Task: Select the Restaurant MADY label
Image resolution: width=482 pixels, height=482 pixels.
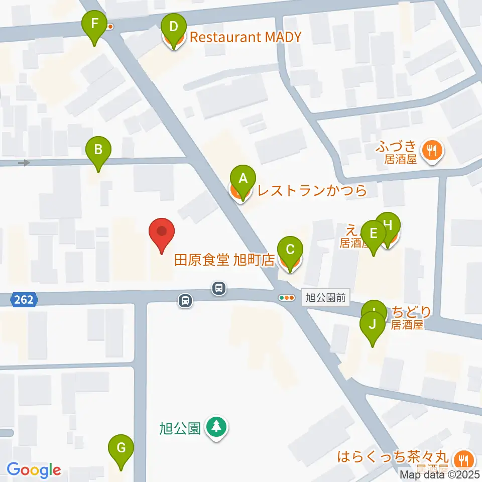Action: coord(244,37)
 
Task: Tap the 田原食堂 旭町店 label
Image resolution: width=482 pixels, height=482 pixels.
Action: coord(224,261)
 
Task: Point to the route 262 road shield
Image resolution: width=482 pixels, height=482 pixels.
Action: coord(24,300)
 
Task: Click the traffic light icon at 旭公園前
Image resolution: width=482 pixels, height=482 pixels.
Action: coord(287,298)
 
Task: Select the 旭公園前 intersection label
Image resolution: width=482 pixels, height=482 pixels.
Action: coord(326,298)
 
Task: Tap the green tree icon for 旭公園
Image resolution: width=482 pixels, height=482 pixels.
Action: coord(217,427)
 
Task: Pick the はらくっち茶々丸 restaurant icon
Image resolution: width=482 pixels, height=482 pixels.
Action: coord(460,458)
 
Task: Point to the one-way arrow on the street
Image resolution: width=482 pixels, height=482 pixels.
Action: coord(24,163)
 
